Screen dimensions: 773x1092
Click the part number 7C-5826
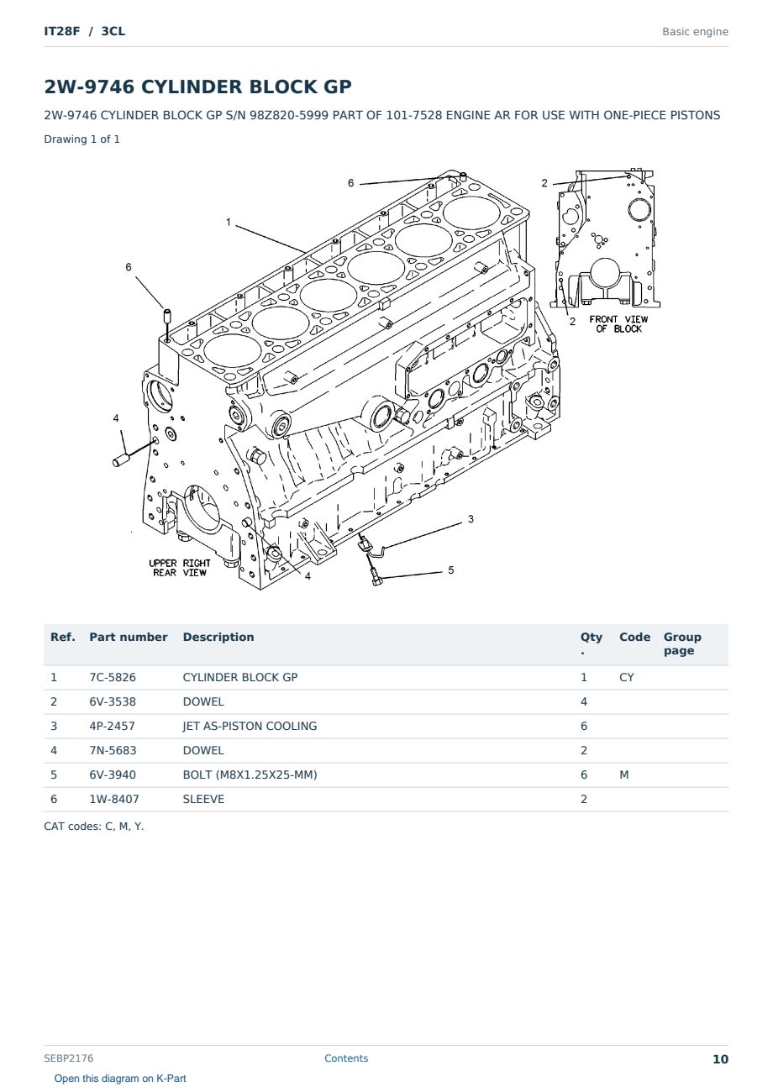(x=113, y=677)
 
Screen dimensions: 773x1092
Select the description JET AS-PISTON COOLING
(x=250, y=726)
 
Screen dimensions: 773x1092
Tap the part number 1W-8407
(x=114, y=799)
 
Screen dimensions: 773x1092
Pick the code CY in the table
(x=627, y=677)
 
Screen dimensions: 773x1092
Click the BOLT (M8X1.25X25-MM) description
(x=250, y=774)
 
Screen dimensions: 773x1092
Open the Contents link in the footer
(x=346, y=1058)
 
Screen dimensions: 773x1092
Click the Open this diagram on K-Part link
(x=120, y=1079)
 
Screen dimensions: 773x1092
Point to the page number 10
(x=720, y=1059)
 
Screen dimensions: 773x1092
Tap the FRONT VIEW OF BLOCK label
(x=618, y=324)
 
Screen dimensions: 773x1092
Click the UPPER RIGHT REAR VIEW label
(x=180, y=568)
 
